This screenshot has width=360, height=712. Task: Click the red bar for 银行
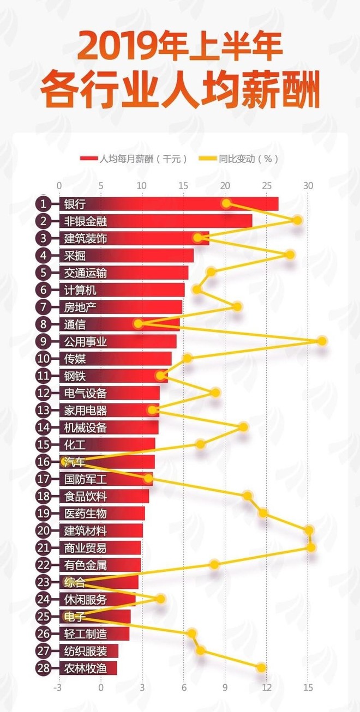[169, 204]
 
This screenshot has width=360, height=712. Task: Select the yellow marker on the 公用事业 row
[322, 341]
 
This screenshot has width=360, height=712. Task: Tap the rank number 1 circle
[43, 204]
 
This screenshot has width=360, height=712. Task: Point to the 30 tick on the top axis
[309, 185]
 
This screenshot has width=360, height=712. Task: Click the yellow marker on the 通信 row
[138, 324]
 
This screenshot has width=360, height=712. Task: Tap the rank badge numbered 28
[43, 668]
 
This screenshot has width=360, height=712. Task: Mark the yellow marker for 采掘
[290, 255]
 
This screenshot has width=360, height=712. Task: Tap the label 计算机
[80, 289]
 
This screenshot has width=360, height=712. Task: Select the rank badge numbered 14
[43, 427]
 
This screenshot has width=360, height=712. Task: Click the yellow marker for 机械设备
[243, 427]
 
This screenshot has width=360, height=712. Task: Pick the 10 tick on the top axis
[142, 185]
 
